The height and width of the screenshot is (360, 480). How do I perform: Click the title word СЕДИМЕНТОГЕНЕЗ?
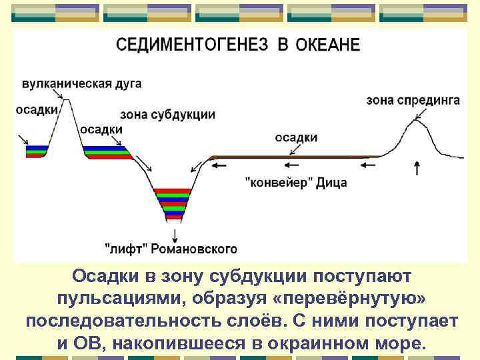(192, 45)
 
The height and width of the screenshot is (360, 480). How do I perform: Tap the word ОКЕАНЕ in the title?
(327, 45)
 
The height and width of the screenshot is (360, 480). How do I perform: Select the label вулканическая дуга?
(81, 85)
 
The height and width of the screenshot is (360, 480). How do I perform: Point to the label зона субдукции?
(168, 114)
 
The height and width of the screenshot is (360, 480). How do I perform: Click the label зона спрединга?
(413, 100)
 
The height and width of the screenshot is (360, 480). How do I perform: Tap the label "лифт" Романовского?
(171, 249)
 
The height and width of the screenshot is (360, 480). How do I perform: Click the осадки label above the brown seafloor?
(296, 137)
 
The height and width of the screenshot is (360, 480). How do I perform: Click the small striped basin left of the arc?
(37, 151)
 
